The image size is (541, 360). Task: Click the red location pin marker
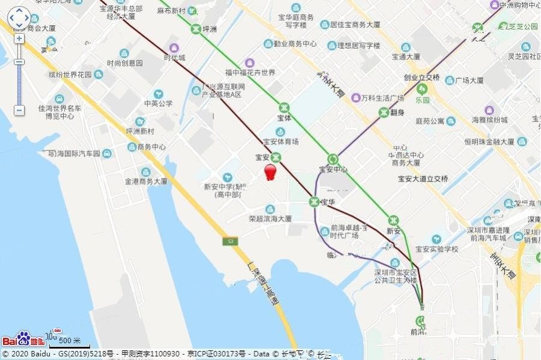(x=270, y=171)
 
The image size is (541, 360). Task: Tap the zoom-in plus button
(x=19, y=38)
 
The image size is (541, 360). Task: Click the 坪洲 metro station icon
(x=196, y=28)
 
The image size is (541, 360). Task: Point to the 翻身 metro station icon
(x=383, y=112)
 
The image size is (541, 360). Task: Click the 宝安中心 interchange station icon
(x=333, y=159)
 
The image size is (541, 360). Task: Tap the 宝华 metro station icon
(x=313, y=201)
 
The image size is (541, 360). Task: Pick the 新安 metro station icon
(x=393, y=221)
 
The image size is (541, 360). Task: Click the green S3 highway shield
(x=228, y=242)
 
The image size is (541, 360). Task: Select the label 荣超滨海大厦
(x=270, y=219)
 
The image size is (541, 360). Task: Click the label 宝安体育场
(x=281, y=141)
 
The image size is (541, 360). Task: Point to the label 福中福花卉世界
(x=250, y=73)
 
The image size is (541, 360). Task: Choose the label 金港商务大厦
(x=145, y=181)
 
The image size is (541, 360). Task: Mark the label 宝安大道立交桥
(x=423, y=178)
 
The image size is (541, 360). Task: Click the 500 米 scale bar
(x=70, y=343)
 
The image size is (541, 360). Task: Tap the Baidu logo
(x=23, y=339)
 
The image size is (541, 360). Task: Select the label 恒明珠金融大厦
(x=489, y=142)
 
